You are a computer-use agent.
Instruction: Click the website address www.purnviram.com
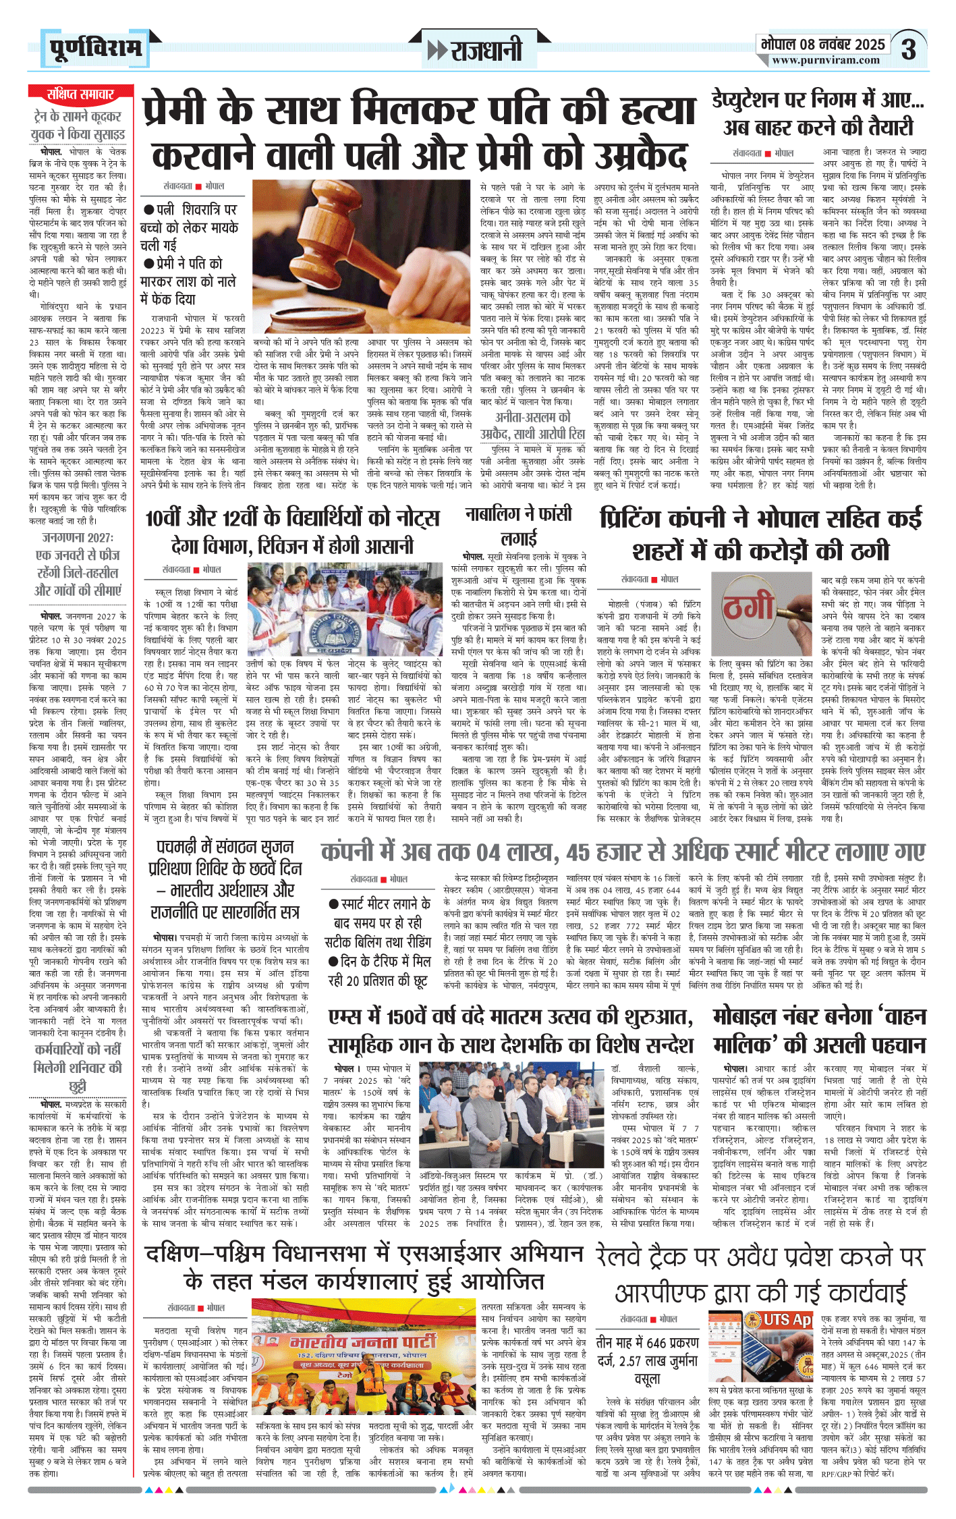coord(826,61)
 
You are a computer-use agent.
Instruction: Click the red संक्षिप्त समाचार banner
coord(80,94)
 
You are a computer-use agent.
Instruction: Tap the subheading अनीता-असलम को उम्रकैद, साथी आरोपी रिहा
coord(532,425)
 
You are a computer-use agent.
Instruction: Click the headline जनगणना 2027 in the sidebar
coord(78,563)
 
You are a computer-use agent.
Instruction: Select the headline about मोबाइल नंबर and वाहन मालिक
coord(819,1030)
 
